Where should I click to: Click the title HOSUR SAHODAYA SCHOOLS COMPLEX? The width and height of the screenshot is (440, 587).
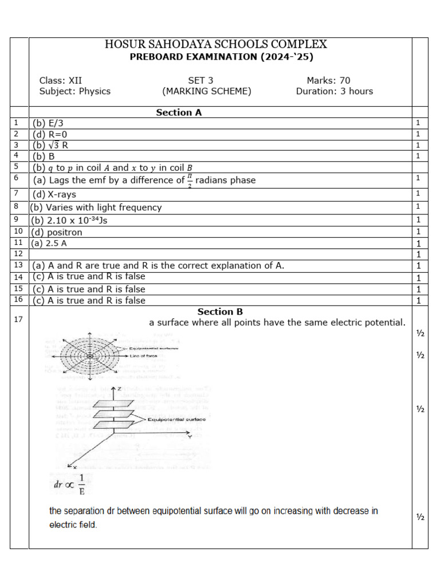[216, 45]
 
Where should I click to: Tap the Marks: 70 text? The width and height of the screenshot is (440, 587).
[328, 81]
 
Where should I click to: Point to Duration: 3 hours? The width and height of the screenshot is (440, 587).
[334, 92]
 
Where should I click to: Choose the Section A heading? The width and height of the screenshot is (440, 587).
[179, 113]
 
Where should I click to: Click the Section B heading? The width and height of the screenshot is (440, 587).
[220, 312]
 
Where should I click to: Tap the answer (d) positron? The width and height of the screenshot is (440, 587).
[57, 232]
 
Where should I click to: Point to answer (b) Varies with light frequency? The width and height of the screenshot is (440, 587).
[96, 208]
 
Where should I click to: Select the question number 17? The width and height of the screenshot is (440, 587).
[18, 319]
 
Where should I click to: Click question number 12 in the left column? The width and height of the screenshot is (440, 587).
[18, 253]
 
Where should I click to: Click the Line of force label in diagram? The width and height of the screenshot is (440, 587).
[144, 356]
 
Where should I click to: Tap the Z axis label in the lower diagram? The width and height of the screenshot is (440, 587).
[119, 390]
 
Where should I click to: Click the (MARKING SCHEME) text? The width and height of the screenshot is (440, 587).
[206, 92]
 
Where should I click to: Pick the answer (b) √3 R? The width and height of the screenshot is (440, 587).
[50, 145]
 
